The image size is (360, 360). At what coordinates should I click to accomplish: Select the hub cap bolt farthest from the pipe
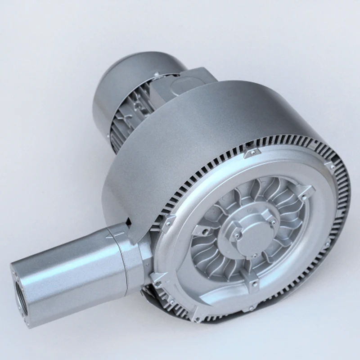point(273,221)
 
